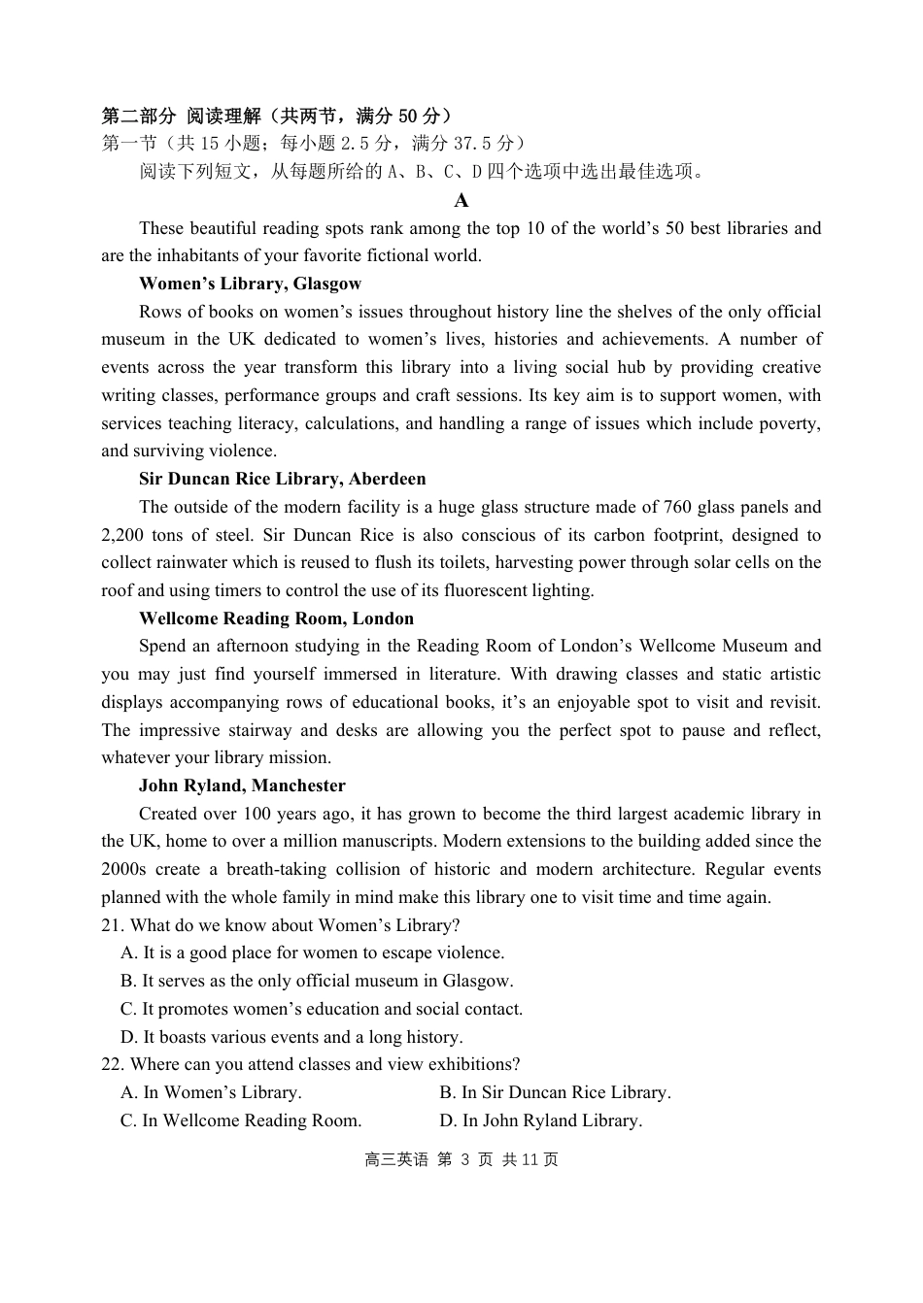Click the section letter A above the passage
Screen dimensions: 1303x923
coord(461,201)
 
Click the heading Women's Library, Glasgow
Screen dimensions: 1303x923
coord(250,284)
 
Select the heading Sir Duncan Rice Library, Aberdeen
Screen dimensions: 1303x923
coord(282,480)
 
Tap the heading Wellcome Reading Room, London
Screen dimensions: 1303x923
coord(276,619)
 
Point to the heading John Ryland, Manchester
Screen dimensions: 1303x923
coord(242,786)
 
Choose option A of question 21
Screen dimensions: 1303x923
coord(313,953)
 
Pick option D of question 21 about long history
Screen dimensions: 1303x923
coord(291,1038)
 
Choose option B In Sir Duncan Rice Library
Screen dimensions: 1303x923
coord(555,1093)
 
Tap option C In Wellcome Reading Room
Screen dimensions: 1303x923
coord(241,1121)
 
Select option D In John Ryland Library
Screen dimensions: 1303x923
coord(540,1121)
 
